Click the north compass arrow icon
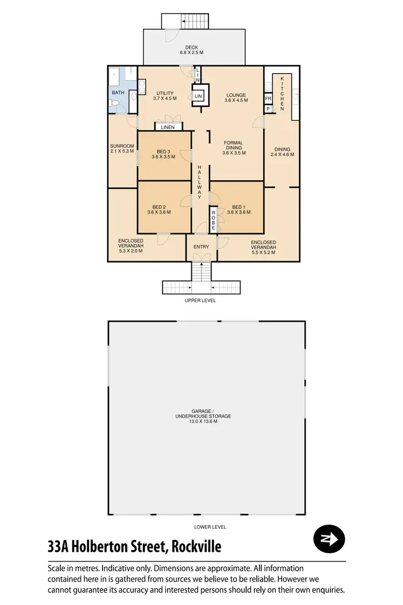point(329,538)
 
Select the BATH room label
point(118,93)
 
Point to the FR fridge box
point(268,99)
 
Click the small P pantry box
point(268,109)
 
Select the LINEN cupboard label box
point(168,127)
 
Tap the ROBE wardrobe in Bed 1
point(213,219)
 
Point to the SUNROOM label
point(122,148)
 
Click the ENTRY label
point(201,247)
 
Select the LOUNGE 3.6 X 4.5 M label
point(236,97)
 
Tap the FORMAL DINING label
point(234,147)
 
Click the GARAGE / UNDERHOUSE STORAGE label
point(207,418)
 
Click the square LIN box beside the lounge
point(199,96)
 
